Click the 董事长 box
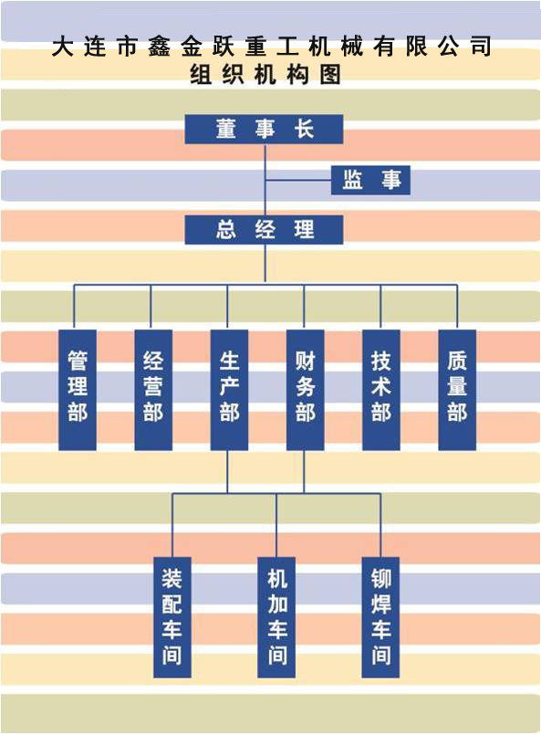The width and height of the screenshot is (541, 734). pos(264,130)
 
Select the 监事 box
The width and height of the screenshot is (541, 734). pos(370,180)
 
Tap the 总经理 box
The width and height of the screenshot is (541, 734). pos(264,230)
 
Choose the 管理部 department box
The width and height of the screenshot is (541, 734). pos(78,390)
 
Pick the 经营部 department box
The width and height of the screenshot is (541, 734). pos(153,390)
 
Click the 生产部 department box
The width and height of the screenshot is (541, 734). pos(229,390)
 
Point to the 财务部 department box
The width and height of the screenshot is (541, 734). pos(305,390)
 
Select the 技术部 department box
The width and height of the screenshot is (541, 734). pos(381,390)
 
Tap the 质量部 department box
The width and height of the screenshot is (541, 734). pos(457,390)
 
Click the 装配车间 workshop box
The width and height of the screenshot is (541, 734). pos(172,617)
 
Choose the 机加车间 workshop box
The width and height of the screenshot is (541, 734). pos(276,617)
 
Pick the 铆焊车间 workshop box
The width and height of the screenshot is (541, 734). pos(380,617)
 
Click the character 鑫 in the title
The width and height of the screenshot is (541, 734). pos(159,47)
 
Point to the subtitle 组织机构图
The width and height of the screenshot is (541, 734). pos(265,75)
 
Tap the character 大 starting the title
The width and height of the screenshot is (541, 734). pos(63,47)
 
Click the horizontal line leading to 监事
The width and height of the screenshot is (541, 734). pos(298,180)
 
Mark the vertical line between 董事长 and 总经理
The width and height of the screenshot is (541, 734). pos(265,179)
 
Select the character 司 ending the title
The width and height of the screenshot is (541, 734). pos(481,47)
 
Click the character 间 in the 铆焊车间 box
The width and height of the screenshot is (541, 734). pos(380,655)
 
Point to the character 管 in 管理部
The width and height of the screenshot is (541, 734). pos(78,361)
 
